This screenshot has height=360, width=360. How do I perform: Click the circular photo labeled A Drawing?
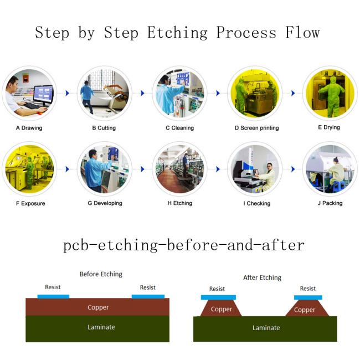click(29, 93)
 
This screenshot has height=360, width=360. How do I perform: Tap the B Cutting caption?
click(104, 128)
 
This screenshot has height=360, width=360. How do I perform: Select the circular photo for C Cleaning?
click(179, 93)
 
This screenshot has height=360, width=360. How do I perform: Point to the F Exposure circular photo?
click(29, 168)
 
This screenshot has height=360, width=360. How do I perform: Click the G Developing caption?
click(104, 203)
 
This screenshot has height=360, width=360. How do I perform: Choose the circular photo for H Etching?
click(179, 168)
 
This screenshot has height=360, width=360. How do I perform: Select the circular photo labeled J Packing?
click(330, 168)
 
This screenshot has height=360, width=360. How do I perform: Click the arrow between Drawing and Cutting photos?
click(67, 93)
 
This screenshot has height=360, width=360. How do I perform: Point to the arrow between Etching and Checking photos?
click(218, 168)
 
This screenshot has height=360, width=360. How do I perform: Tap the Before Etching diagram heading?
click(101, 274)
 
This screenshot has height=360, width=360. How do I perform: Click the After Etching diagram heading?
click(262, 277)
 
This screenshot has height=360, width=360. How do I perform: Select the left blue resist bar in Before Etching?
click(53, 296)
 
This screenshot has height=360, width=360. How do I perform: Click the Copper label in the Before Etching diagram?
click(98, 307)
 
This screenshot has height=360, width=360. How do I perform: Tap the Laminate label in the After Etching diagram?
click(266, 328)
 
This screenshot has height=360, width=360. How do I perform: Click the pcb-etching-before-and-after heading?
click(184, 244)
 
